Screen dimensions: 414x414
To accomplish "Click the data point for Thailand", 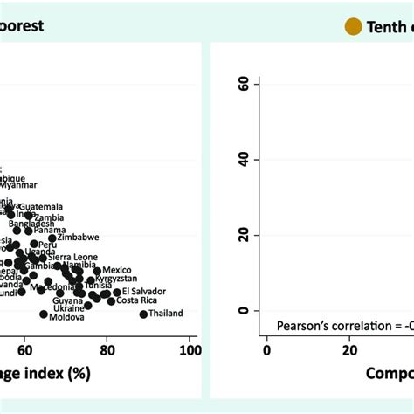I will pos(143,314).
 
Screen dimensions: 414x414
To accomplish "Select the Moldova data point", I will pos(44,314).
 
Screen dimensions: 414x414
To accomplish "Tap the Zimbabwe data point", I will pos(52,238).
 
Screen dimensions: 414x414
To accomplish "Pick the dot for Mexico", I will pos(97,271).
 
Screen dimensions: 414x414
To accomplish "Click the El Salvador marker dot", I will pos(116,293).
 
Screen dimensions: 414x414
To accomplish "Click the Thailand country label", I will pos(166,314).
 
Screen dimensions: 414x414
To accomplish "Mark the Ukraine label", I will pos(69,308).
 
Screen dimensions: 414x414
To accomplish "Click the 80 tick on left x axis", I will pos(107,350).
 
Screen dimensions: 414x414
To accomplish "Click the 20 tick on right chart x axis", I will pos(349,350).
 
